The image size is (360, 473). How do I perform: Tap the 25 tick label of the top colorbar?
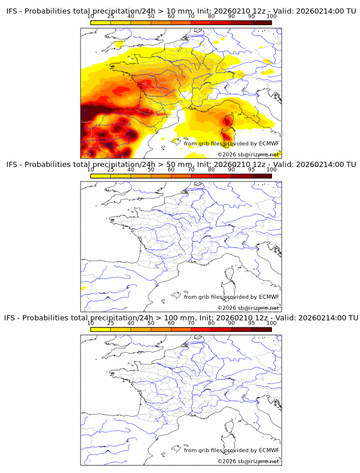click(111, 16)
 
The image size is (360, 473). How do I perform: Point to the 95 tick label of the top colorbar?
click(251, 16)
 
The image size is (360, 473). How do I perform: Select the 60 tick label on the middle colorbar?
click(171, 170)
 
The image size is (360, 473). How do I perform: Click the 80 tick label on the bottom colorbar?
click(211, 323)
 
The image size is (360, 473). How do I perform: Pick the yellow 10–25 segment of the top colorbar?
click(101, 22)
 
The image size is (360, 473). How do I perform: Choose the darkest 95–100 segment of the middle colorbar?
click(262, 176)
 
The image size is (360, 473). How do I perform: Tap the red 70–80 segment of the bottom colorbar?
click(201, 329)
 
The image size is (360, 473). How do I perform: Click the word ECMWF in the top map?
click(269, 143)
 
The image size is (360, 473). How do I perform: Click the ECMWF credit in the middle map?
click(269, 297)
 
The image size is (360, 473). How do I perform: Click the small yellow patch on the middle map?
click(83, 288)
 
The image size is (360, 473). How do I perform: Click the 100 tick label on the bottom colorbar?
click(271, 323)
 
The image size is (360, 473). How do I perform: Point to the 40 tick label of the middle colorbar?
click(131, 170)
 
